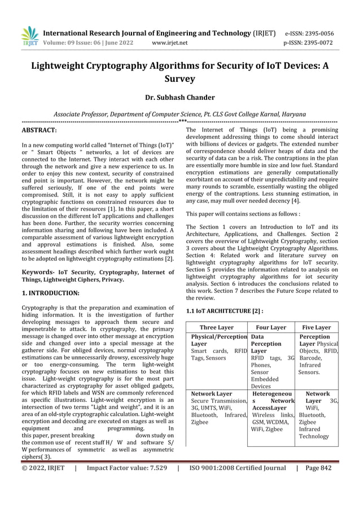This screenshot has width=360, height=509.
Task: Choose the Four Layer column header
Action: [271, 327]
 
